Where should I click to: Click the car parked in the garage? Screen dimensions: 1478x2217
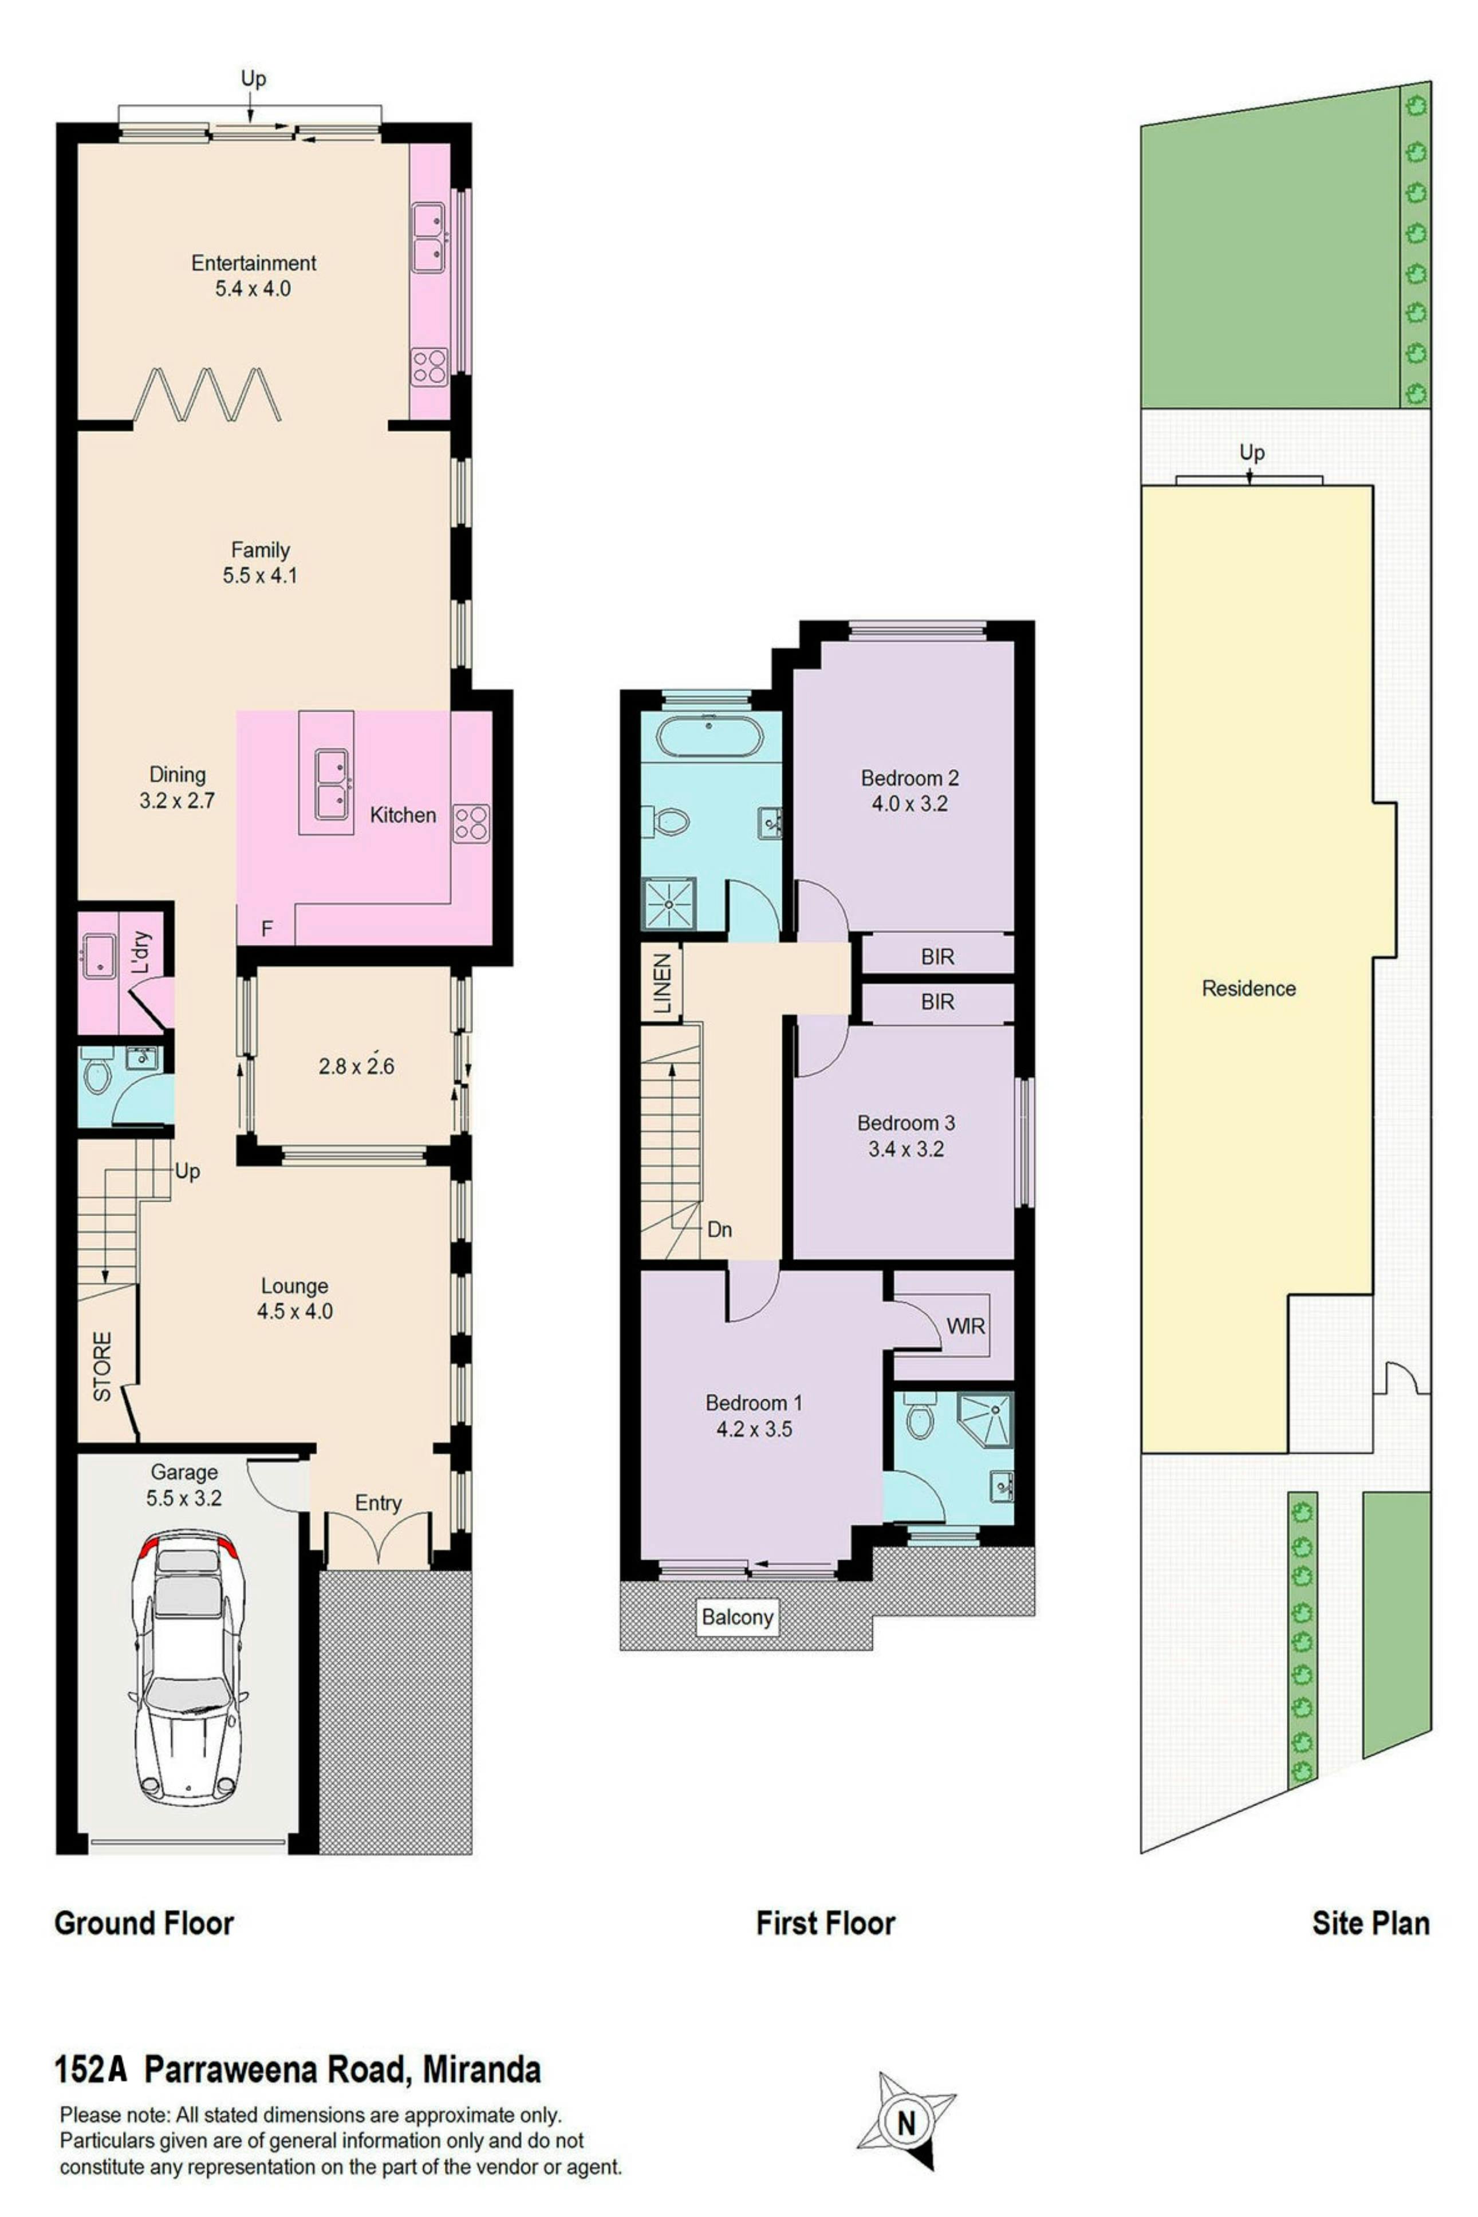click(188, 1666)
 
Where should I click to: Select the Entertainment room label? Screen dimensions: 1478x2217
click(254, 263)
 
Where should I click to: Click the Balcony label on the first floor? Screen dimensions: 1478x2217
click(737, 1617)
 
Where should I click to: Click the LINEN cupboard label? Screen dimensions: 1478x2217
click(663, 983)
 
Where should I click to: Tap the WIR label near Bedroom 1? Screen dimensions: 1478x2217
click(965, 1326)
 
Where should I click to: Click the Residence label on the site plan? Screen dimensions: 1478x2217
click(1248, 988)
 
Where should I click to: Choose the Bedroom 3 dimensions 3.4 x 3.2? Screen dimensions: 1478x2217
click(906, 1149)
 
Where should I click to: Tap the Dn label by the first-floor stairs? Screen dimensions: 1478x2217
click(719, 1229)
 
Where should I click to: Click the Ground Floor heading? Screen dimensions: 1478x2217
click(144, 1923)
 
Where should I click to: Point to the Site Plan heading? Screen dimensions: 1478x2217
click(1370, 1923)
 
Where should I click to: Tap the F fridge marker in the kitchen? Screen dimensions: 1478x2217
click(267, 929)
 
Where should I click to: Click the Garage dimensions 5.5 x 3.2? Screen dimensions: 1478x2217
click(184, 1498)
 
